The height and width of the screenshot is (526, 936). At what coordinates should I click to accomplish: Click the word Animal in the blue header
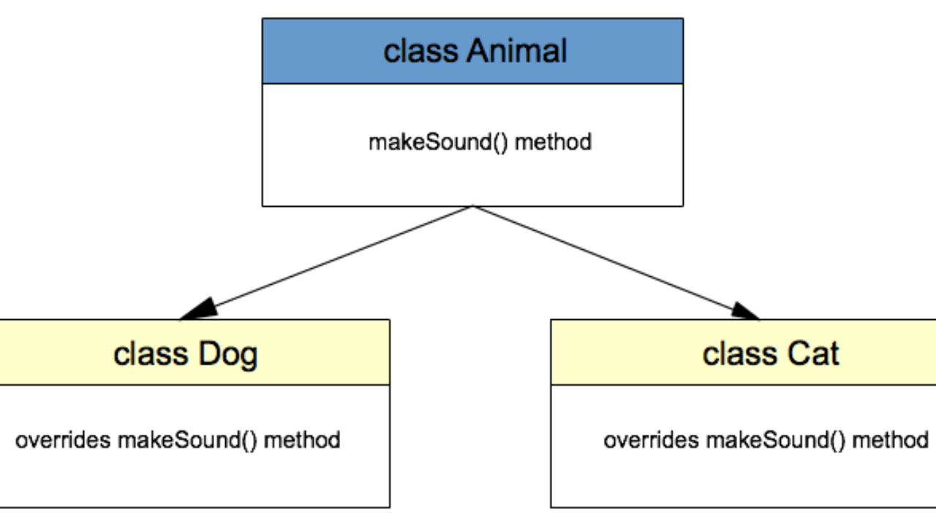click(x=516, y=52)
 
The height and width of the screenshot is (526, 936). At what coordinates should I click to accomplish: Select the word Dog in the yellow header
click(x=227, y=355)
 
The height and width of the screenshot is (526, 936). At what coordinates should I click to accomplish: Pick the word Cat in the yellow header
click(x=812, y=354)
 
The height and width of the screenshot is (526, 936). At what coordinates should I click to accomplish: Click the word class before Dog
click(x=150, y=355)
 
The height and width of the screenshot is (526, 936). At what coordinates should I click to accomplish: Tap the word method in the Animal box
click(x=553, y=142)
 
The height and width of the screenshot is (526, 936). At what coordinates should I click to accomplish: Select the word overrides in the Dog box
click(x=63, y=441)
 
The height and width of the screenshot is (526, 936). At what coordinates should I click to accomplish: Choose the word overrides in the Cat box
click(x=651, y=441)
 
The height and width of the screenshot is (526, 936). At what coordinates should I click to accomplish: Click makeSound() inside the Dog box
click(x=187, y=441)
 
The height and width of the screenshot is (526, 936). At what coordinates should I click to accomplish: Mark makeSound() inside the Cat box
click(x=775, y=441)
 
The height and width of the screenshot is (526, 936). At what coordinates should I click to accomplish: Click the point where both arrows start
click(x=472, y=207)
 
